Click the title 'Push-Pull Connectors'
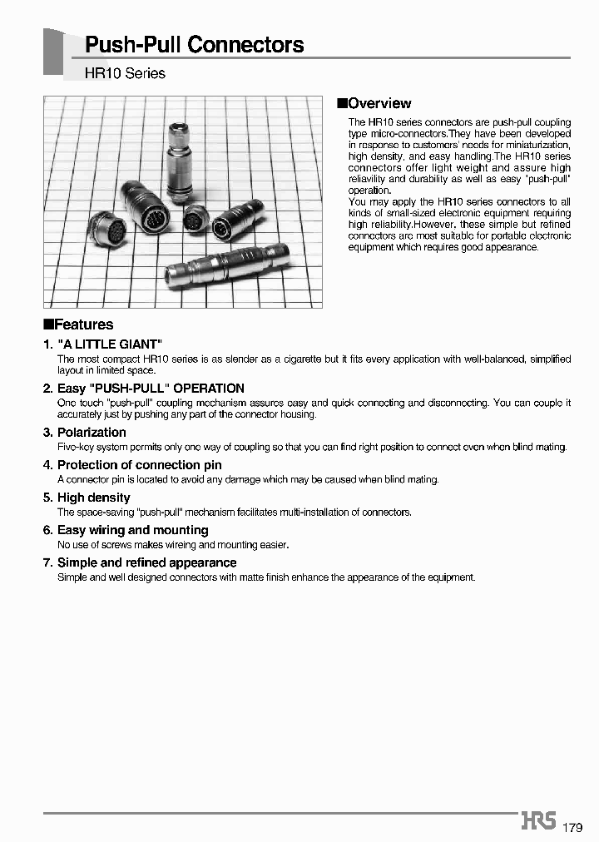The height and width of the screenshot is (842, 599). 195,45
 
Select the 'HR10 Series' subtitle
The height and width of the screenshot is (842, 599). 125,73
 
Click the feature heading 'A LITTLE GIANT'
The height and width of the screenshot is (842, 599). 109,344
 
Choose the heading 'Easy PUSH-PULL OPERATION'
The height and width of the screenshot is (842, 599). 150,389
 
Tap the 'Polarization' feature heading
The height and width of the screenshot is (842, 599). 92,433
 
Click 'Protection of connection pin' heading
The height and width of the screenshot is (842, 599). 139,465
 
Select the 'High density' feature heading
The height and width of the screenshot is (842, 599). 93,498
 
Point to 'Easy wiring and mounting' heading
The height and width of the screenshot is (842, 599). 132,530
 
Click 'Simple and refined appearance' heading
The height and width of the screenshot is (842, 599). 146,562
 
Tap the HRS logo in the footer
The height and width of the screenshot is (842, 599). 538,821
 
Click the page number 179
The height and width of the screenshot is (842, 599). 572,827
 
